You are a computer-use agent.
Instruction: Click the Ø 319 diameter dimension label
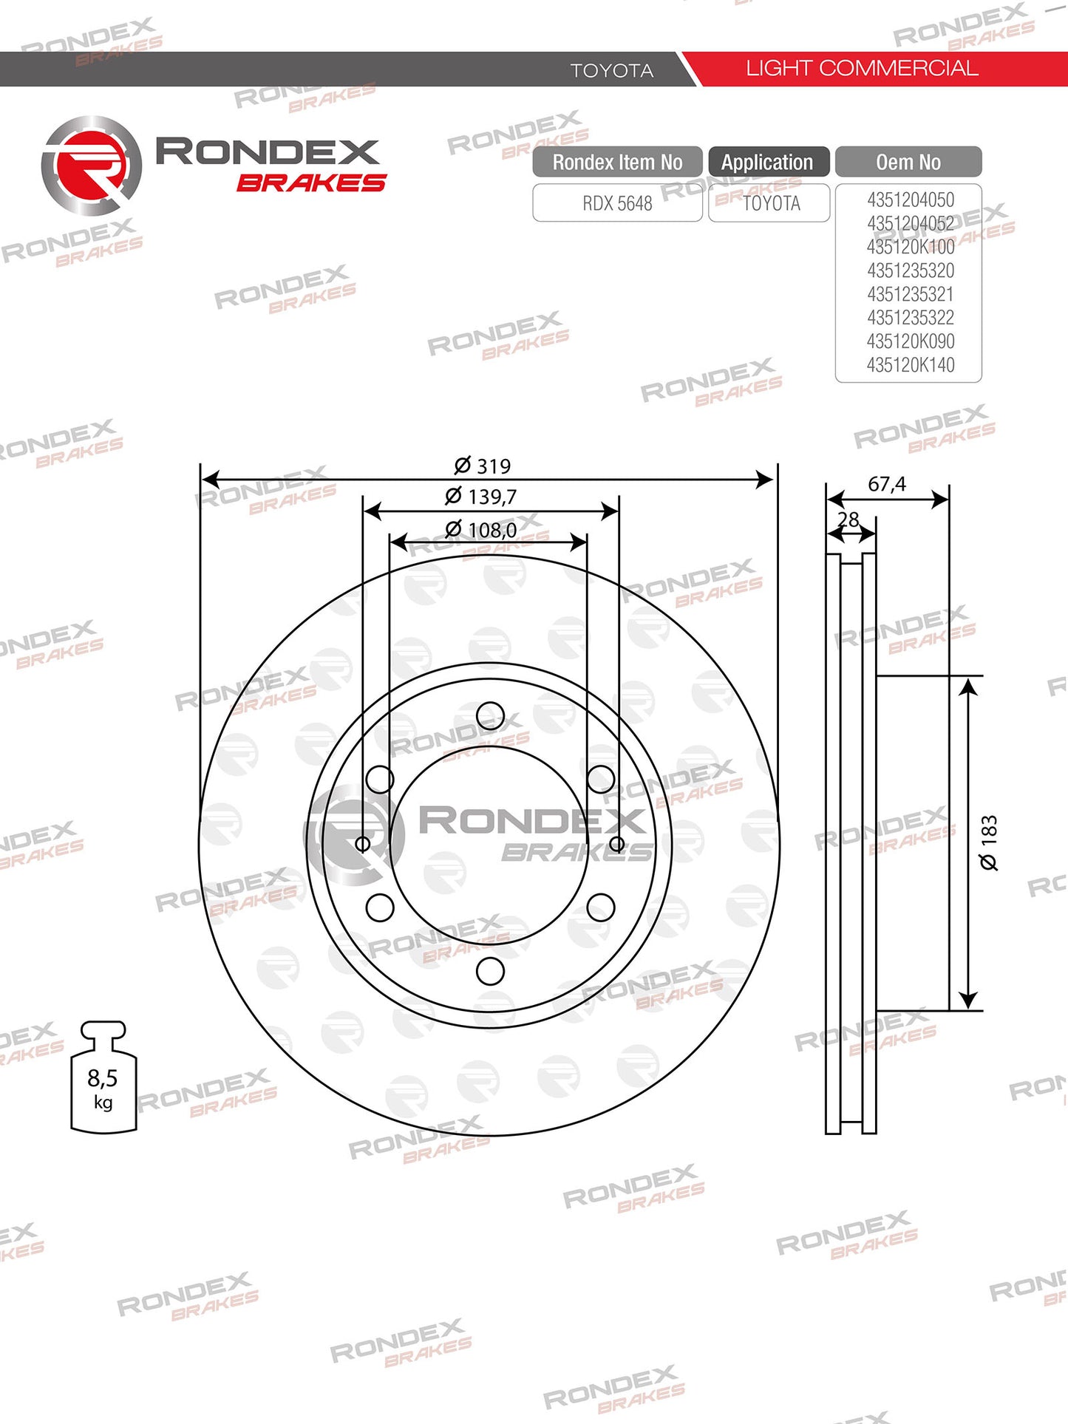[482, 466]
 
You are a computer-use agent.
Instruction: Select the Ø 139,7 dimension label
[480, 496]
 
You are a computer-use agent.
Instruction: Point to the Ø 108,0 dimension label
[480, 529]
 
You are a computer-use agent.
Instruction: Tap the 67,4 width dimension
[886, 484]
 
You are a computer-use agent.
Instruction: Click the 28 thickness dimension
[848, 519]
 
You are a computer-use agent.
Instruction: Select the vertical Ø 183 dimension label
[988, 842]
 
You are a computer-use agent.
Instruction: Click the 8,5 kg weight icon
[103, 1077]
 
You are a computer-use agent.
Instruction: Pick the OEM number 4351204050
[911, 200]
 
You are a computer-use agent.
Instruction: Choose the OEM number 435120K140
[911, 365]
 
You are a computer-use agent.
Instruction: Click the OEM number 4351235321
[911, 294]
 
